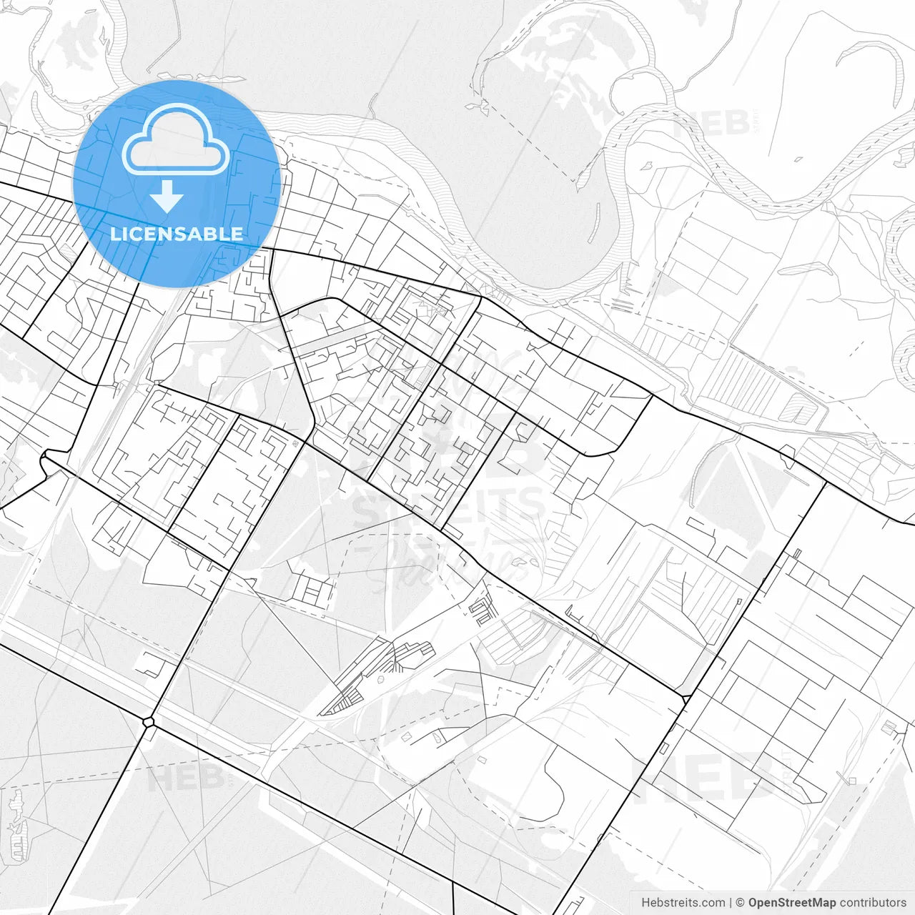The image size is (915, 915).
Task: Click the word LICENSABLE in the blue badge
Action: point(177,234)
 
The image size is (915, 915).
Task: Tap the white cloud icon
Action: point(176,139)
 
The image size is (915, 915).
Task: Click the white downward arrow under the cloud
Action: point(167,196)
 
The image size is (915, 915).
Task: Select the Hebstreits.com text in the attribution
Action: point(683,903)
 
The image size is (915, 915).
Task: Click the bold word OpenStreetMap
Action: point(792,903)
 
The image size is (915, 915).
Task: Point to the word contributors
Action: point(873,903)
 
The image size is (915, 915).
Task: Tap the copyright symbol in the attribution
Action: point(741,903)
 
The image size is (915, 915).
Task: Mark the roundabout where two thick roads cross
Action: point(149,722)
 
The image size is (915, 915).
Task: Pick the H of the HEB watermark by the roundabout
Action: point(159,778)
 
